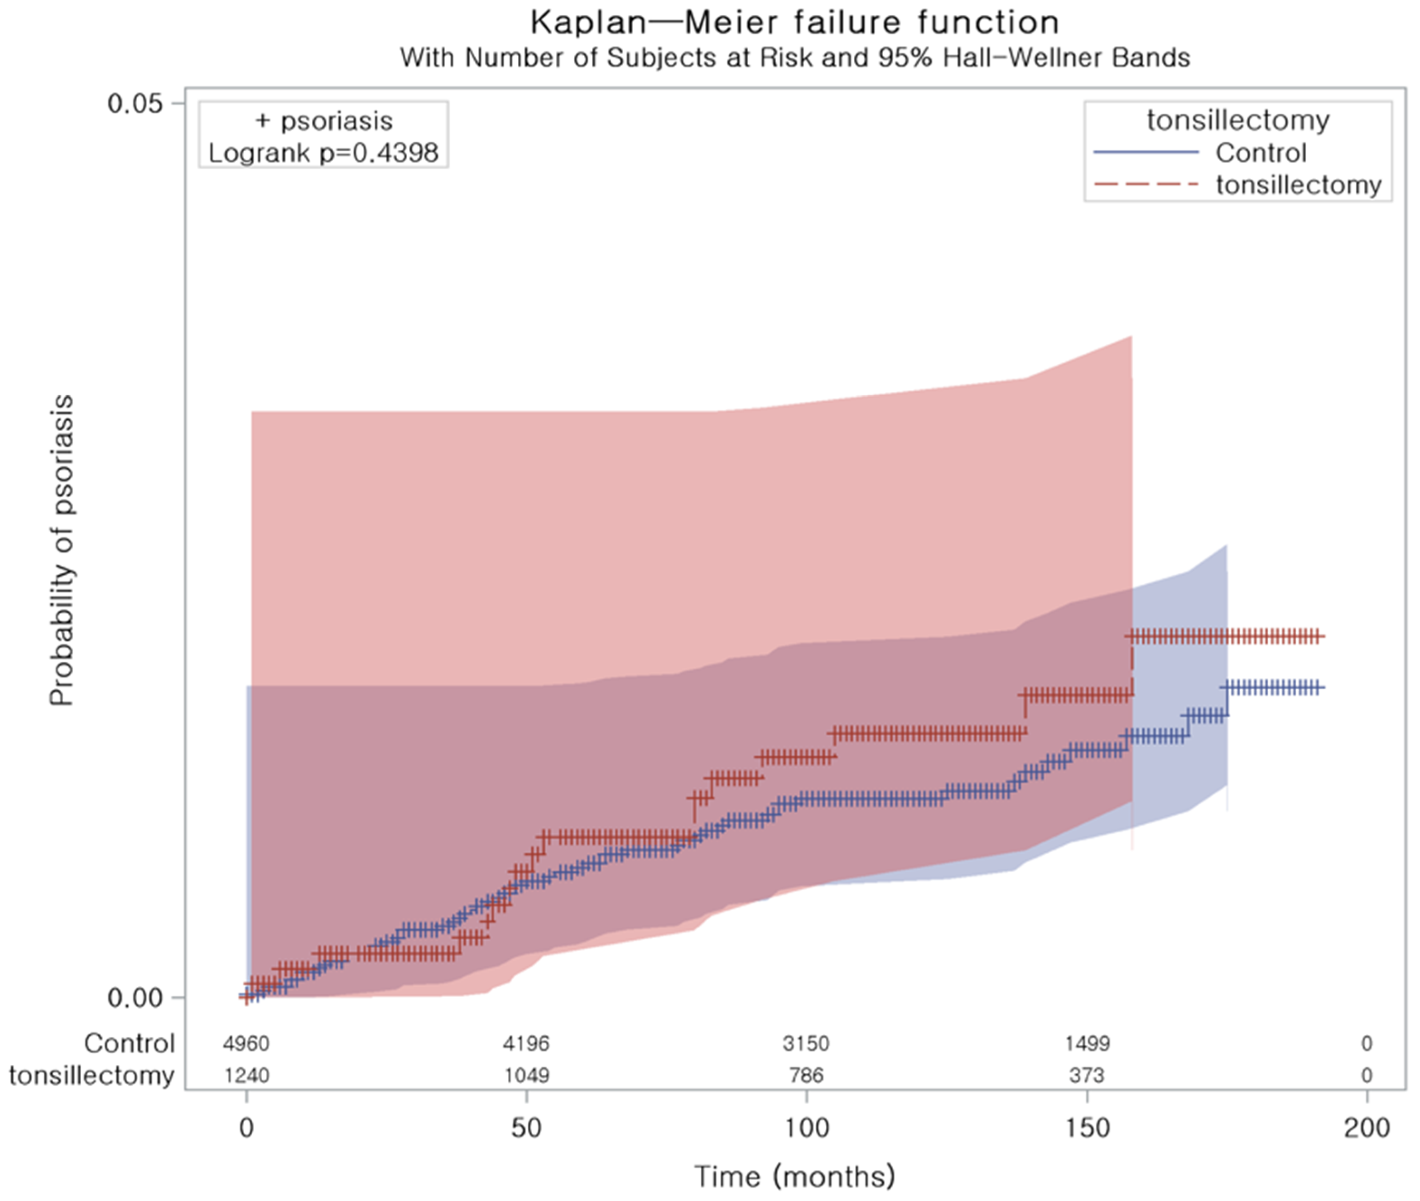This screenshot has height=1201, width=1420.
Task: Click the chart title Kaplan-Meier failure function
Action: click(x=794, y=23)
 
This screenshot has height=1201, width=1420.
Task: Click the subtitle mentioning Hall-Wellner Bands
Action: click(x=794, y=58)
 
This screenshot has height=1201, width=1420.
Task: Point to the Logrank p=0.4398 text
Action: click(x=323, y=153)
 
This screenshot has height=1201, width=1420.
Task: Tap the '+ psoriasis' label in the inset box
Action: click(x=323, y=121)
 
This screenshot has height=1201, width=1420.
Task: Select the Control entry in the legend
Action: click(x=1260, y=153)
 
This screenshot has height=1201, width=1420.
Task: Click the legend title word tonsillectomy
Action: click(x=1237, y=120)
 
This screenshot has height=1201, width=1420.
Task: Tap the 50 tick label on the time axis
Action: click(x=526, y=1128)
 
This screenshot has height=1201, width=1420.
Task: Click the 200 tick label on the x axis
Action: click(x=1366, y=1128)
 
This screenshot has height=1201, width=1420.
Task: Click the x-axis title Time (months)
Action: click(x=794, y=1176)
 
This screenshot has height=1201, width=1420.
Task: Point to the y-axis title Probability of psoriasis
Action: click(x=61, y=550)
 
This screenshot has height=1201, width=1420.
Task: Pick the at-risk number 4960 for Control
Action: click(x=246, y=1043)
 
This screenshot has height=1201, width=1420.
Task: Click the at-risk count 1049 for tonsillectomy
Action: click(x=526, y=1075)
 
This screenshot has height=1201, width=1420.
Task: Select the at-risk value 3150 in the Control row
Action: click(x=806, y=1043)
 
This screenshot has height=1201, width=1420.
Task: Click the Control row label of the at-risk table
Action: click(x=130, y=1043)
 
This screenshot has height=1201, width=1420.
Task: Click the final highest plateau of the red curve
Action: click(x=1226, y=637)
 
